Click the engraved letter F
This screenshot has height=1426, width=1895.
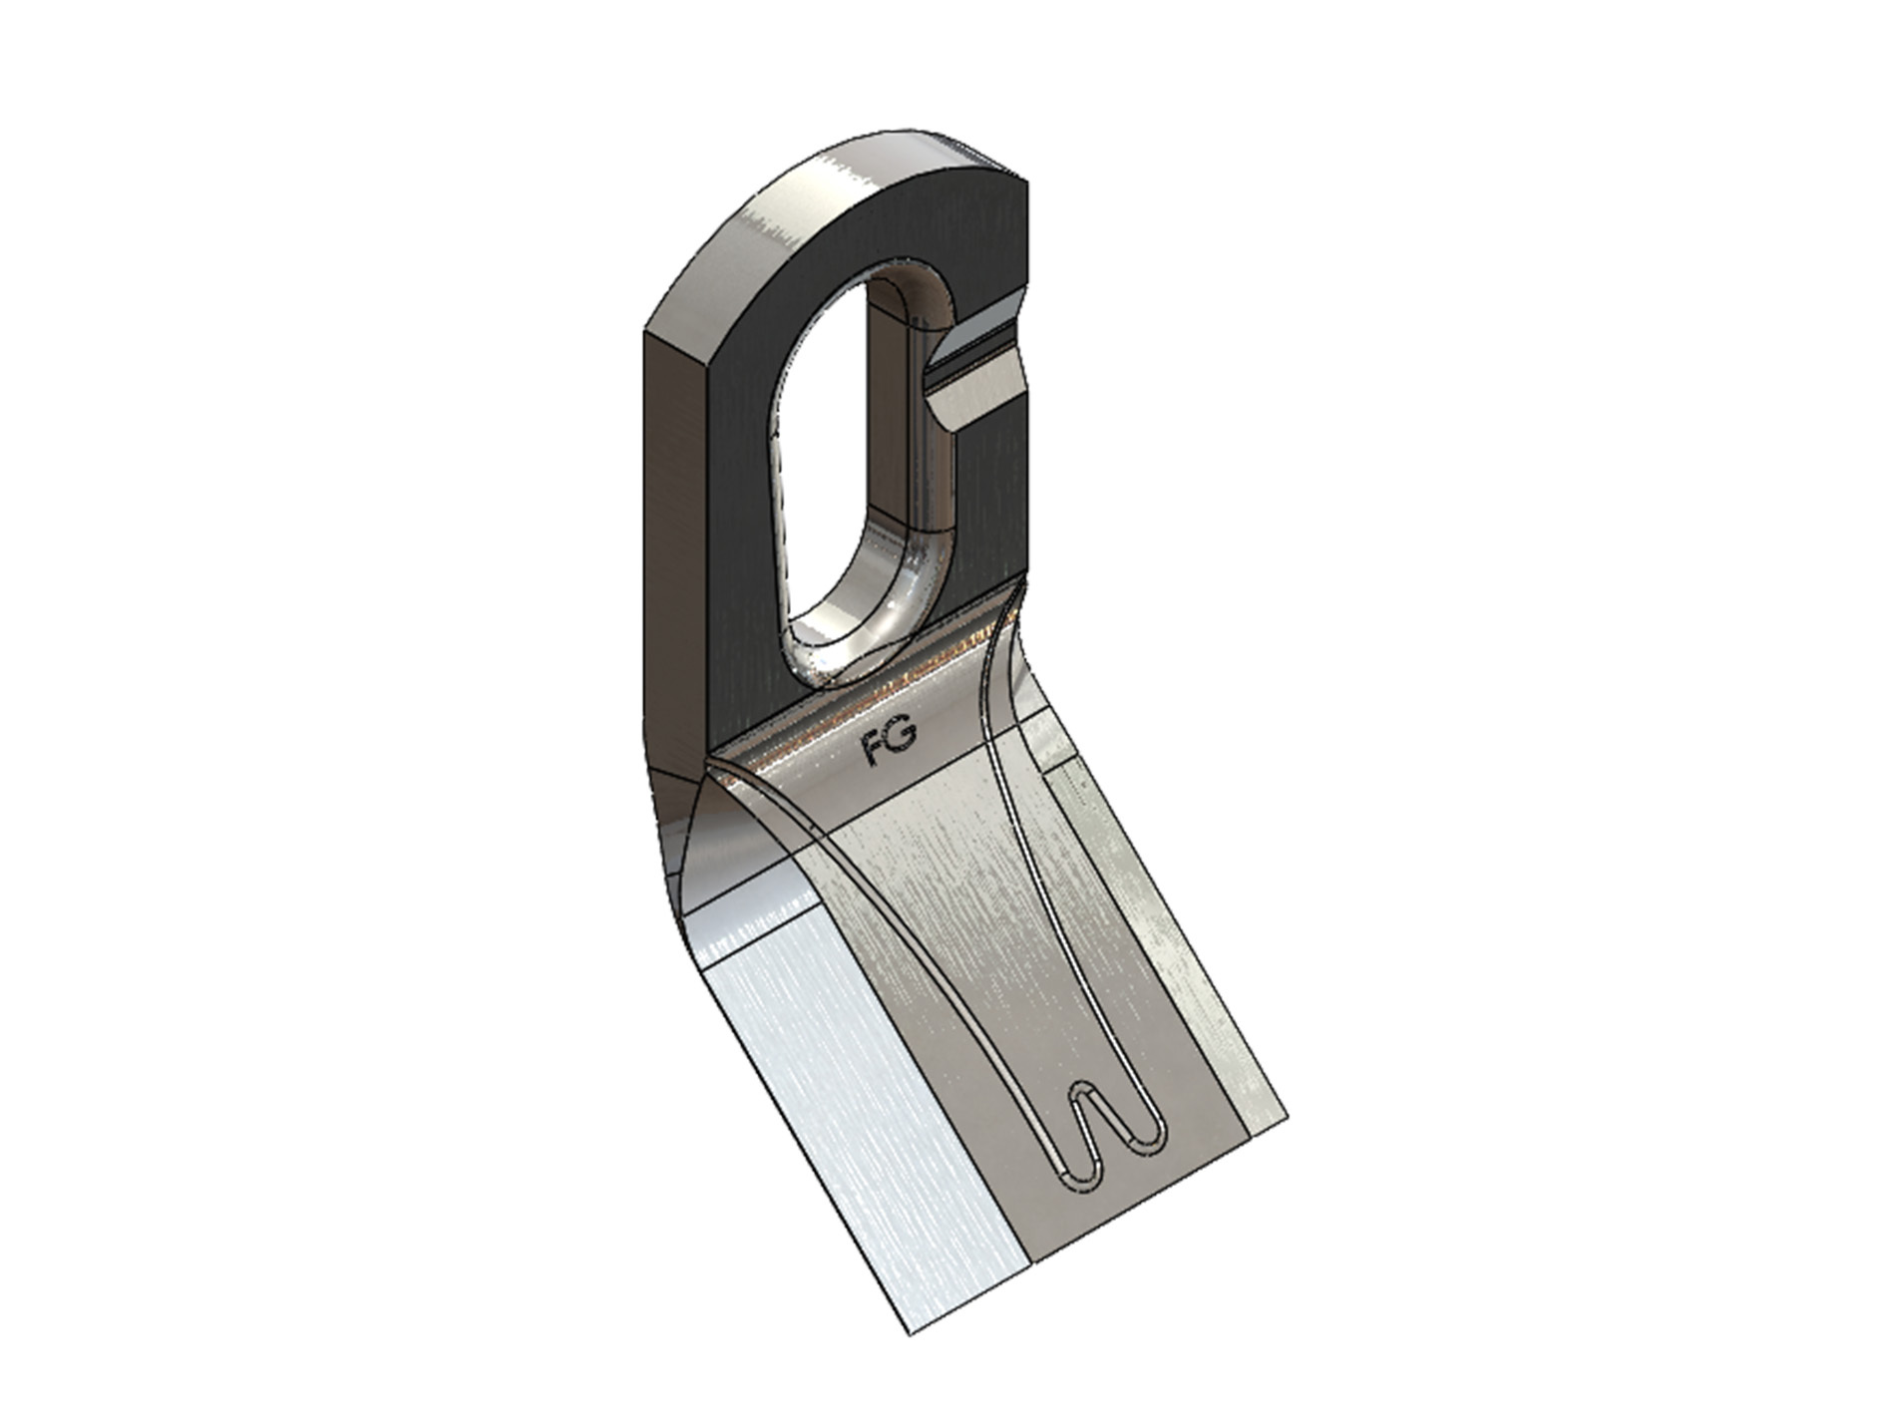(x=875, y=750)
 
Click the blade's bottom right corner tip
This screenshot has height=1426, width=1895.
(x=1288, y=1114)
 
